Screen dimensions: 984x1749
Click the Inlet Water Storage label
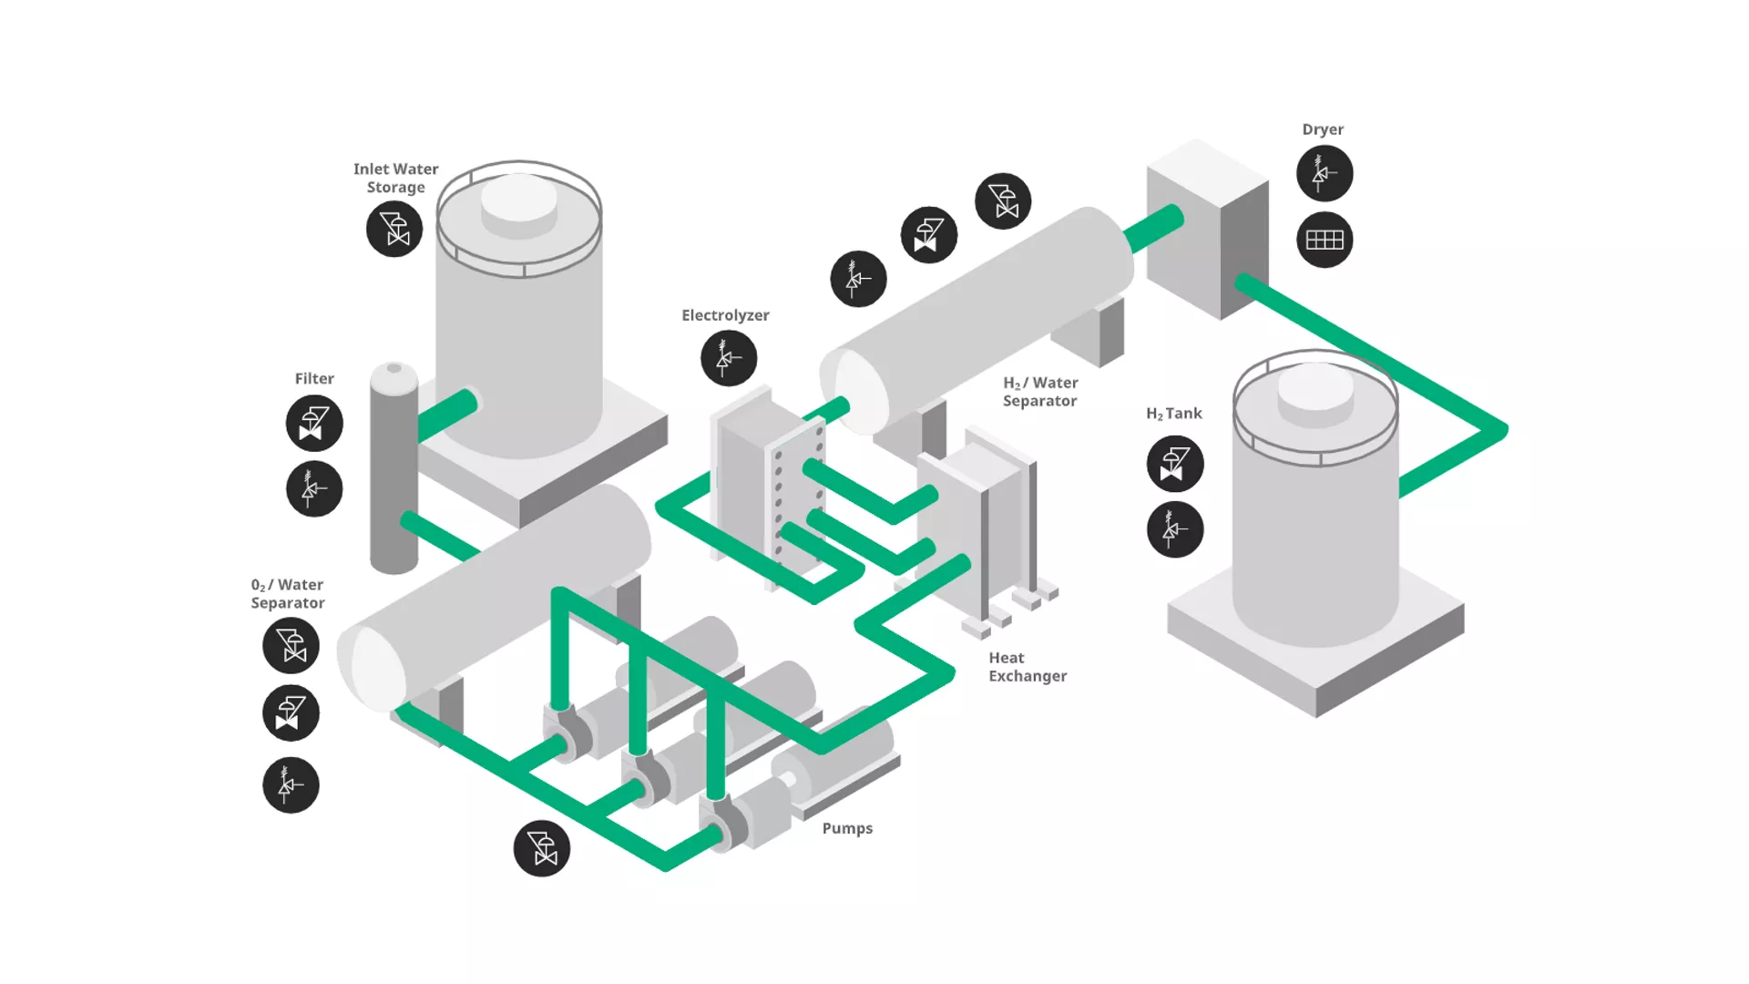pyautogui.click(x=395, y=179)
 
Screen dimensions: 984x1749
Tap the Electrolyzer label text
pyautogui.click(x=725, y=315)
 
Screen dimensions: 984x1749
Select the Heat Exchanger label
pyautogui.click(x=1027, y=667)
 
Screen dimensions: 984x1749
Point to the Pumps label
pyautogui.click(x=847, y=828)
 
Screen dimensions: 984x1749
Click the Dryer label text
pyautogui.click(x=1323, y=129)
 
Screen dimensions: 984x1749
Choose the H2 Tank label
pyautogui.click(x=1173, y=414)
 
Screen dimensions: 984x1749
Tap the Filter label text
pyautogui.click(x=314, y=379)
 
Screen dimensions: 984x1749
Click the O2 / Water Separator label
pyautogui.click(x=288, y=594)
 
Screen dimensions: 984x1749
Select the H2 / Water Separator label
pyautogui.click(x=1040, y=392)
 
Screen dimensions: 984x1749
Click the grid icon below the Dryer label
pyautogui.click(x=1325, y=240)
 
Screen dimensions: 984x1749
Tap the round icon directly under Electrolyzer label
pyautogui.click(x=729, y=358)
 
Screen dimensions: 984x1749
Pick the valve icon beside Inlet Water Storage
pyautogui.click(x=394, y=229)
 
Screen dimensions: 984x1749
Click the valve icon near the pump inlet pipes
pyautogui.click(x=542, y=849)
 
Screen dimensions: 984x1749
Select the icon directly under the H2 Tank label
pyautogui.click(x=1175, y=464)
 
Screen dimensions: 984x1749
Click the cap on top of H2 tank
pyautogui.click(x=1314, y=387)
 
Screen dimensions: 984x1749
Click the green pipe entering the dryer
pyautogui.click(x=1153, y=229)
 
